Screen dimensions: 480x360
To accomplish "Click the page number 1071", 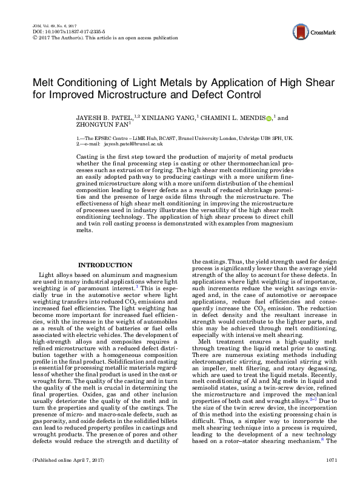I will point(330,461).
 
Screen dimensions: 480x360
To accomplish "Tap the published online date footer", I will point(64,461).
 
